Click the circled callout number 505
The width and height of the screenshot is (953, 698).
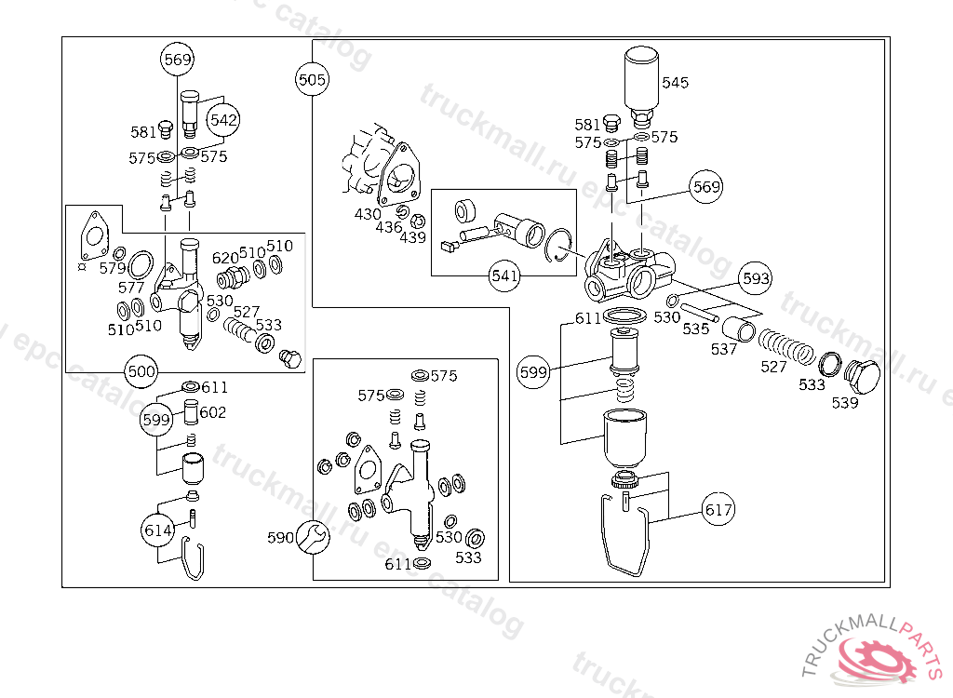(x=312, y=79)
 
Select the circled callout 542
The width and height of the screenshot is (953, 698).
(x=224, y=120)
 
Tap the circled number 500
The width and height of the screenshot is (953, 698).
(x=141, y=371)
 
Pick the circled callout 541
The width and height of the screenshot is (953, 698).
(x=504, y=275)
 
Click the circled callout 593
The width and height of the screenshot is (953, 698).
(x=756, y=278)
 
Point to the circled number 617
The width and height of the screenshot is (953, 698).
(x=718, y=510)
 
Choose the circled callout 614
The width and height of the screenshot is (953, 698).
(x=158, y=530)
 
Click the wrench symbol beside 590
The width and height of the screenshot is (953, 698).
(x=312, y=537)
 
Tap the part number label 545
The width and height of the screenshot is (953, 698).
(x=675, y=83)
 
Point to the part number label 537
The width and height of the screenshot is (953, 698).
(x=724, y=349)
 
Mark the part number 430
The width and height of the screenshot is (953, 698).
(x=368, y=214)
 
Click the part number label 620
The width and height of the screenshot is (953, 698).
(x=225, y=257)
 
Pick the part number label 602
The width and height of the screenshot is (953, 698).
(x=213, y=412)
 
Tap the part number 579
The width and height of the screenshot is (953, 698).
(x=113, y=268)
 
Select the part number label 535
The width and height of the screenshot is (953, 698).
(x=695, y=328)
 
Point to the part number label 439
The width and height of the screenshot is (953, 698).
(x=412, y=237)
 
